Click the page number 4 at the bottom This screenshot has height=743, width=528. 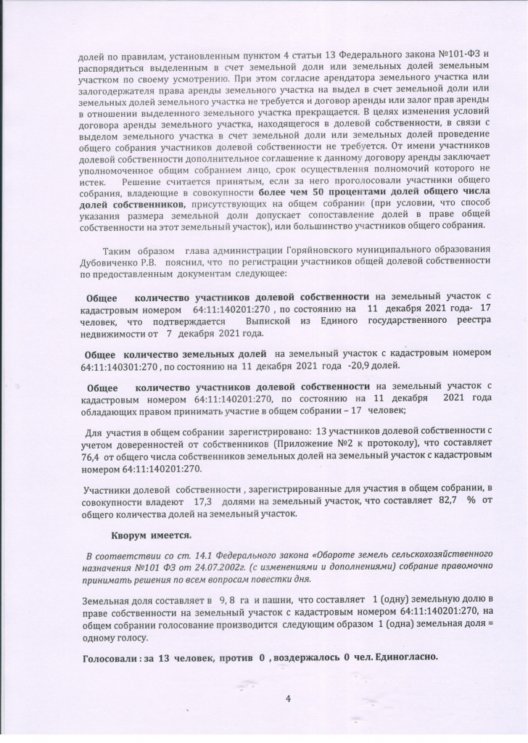tap(289, 698)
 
